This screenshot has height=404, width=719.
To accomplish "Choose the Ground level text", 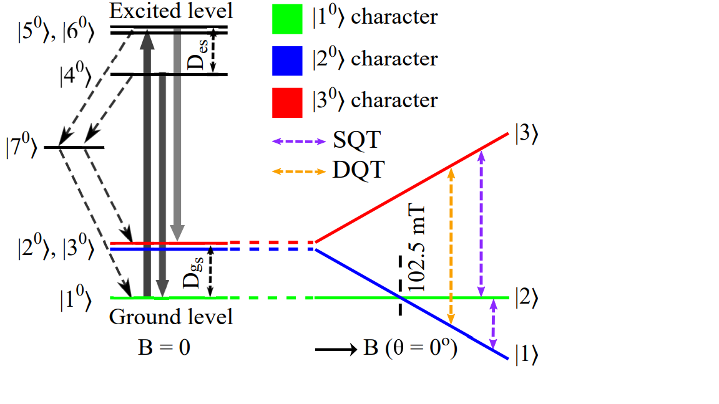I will click(x=171, y=317).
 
